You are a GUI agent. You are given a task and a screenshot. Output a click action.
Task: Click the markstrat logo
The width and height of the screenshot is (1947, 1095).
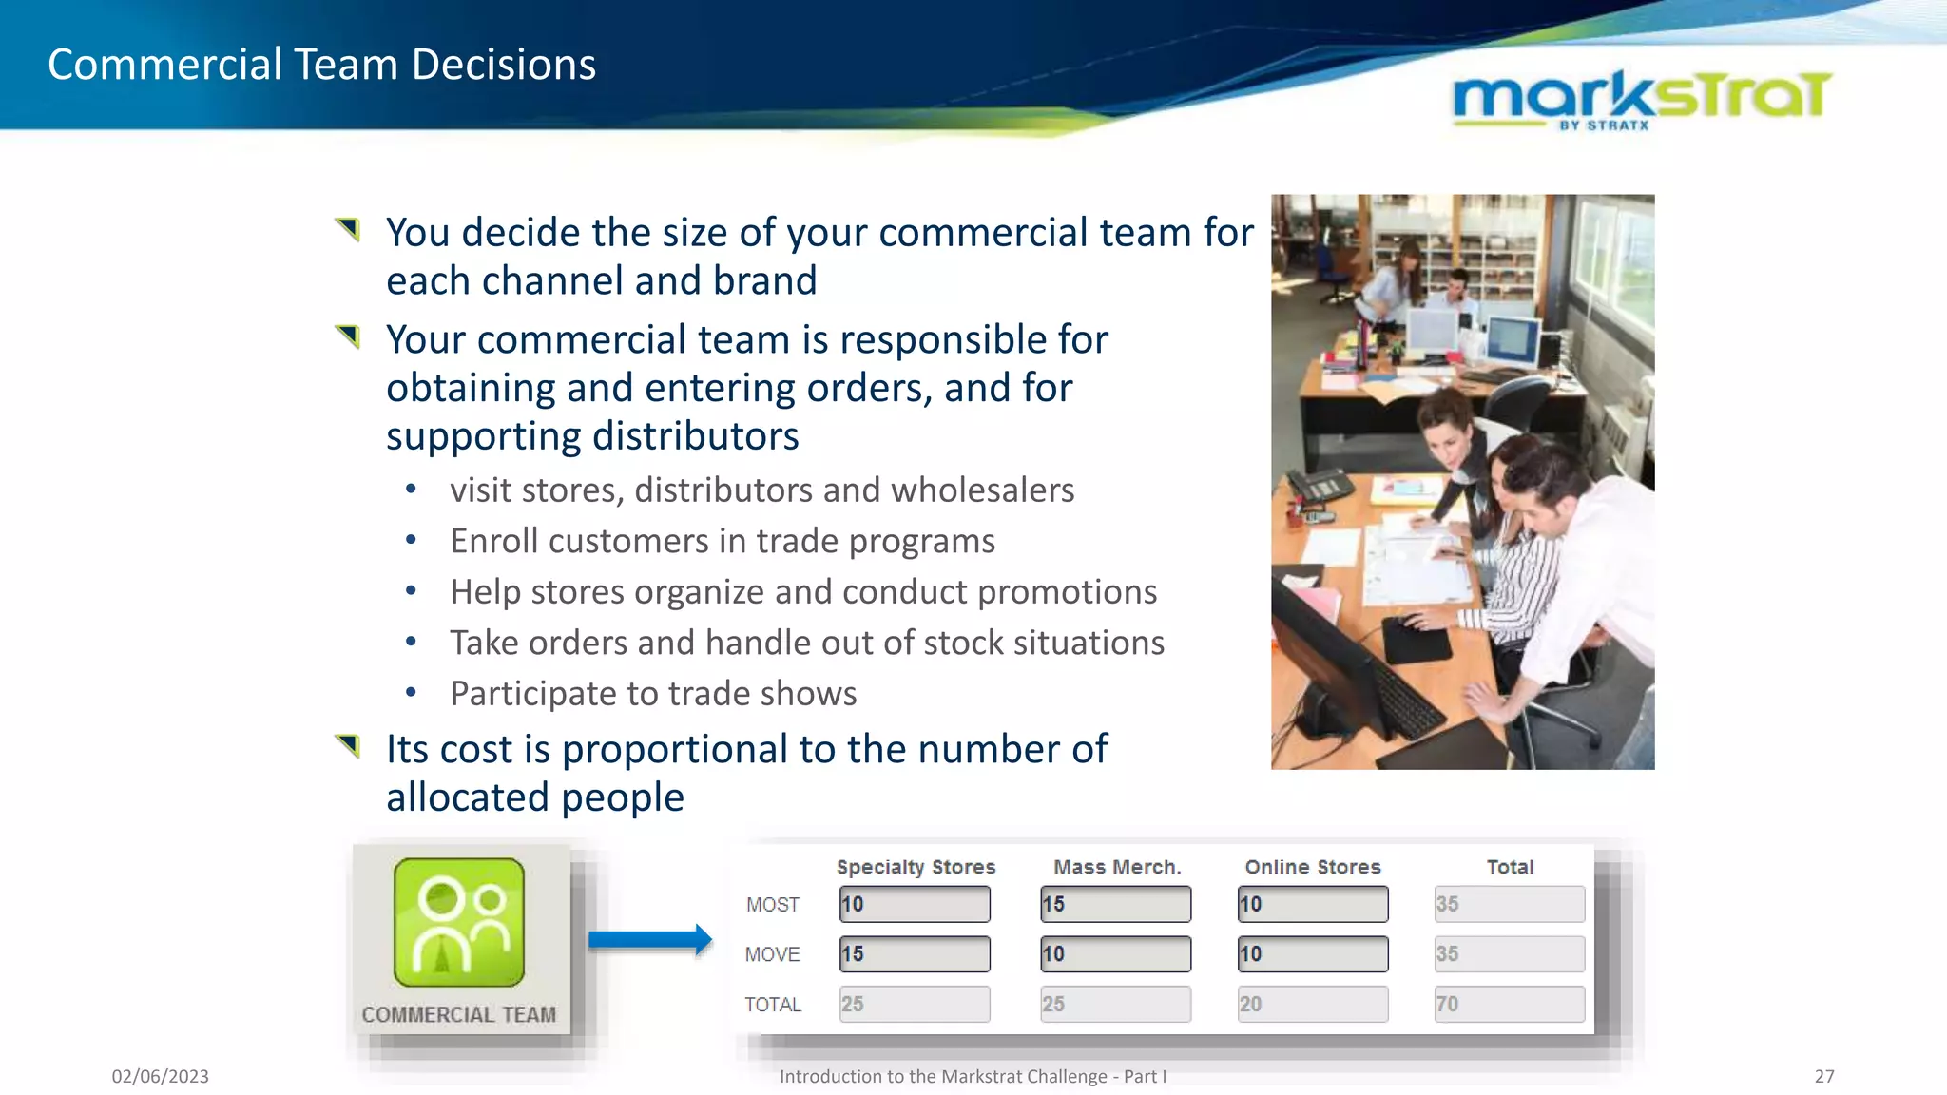pos(1642,99)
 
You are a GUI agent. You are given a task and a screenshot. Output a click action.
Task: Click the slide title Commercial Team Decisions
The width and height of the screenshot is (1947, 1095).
pos(321,65)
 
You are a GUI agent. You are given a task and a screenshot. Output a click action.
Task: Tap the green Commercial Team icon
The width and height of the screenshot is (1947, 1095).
pos(459,922)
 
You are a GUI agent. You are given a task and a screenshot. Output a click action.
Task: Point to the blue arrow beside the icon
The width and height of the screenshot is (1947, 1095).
pos(650,940)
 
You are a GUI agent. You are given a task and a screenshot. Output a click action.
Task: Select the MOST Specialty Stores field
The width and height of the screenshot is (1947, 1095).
pos(915,904)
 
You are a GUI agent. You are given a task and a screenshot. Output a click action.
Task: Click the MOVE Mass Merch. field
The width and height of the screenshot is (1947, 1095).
pos(1115,954)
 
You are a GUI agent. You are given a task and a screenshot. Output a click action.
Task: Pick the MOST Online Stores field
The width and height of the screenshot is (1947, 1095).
pos(1312,904)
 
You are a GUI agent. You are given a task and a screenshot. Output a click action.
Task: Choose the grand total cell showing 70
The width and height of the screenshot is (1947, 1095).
pos(1509,1004)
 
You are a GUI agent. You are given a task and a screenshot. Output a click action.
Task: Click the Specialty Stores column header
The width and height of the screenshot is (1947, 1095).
pos(916,867)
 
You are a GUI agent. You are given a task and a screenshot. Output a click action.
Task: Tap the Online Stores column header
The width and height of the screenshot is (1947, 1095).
pos(1312,867)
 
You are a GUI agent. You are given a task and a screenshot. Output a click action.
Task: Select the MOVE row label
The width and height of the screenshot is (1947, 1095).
pos(772,954)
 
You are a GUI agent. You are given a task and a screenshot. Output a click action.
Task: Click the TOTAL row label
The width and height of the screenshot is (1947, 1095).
pos(772,1005)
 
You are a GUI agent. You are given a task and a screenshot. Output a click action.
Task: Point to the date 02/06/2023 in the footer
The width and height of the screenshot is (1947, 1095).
pos(160,1076)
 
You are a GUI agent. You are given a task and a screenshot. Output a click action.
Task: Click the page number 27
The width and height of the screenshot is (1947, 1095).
pos(1823,1076)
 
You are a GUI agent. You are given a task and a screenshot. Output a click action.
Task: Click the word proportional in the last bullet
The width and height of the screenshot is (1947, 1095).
pos(675,749)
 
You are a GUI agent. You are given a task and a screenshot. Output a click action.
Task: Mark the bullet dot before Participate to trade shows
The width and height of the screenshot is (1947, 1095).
pos(411,693)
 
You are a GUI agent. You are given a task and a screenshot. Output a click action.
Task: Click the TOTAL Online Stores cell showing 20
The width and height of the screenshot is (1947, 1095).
pos(1312,1004)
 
